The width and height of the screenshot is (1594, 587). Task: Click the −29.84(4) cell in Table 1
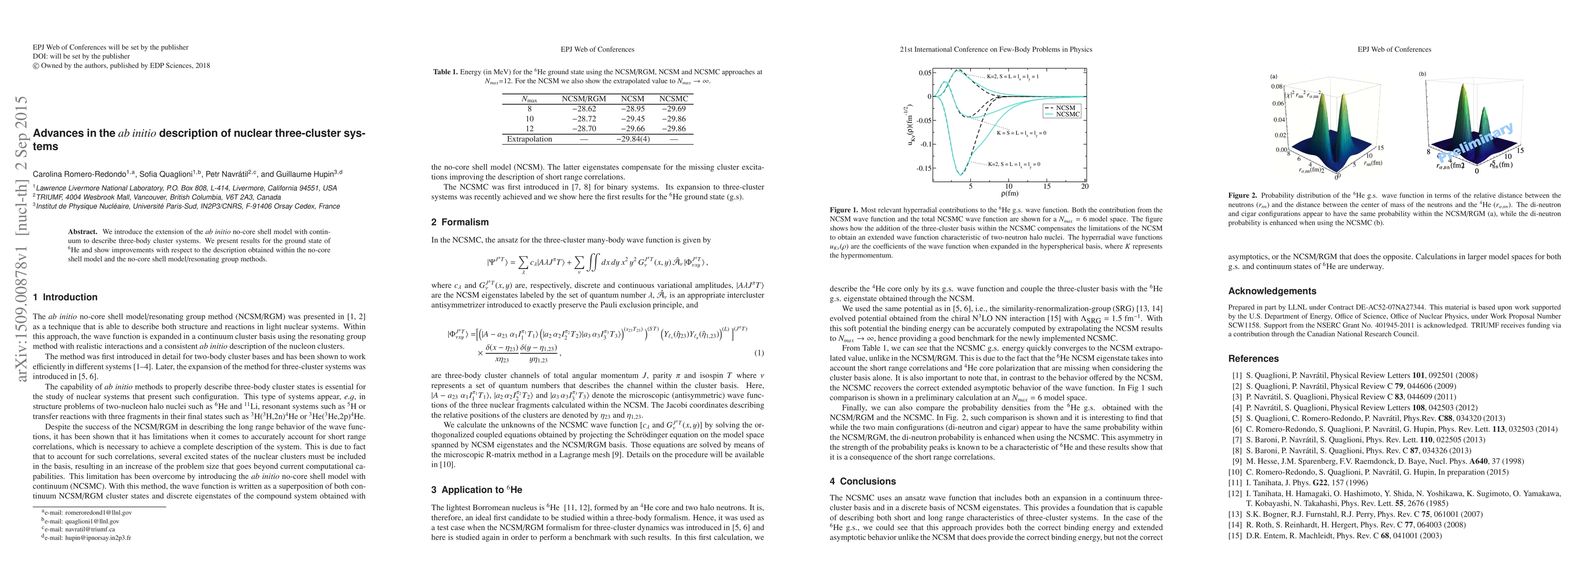tap(633, 139)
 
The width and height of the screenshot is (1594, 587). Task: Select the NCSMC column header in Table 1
tap(673, 98)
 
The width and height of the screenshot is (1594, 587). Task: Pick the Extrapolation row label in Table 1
tap(529, 139)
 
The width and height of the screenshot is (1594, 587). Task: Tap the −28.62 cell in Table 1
tap(583, 109)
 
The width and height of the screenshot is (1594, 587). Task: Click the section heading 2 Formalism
tap(460, 222)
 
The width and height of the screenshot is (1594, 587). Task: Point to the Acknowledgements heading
tap(1272, 291)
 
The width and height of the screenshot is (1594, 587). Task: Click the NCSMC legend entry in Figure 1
tap(1067, 114)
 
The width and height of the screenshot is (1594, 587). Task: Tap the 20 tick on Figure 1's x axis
tap(1085, 186)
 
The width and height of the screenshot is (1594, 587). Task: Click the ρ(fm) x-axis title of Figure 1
tap(1009, 194)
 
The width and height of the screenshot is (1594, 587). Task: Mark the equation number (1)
tap(759, 353)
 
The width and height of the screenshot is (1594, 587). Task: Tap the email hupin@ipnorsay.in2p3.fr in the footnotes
tap(98, 538)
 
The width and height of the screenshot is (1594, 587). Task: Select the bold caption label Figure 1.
tap(843, 210)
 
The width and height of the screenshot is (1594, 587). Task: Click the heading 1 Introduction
tap(65, 297)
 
